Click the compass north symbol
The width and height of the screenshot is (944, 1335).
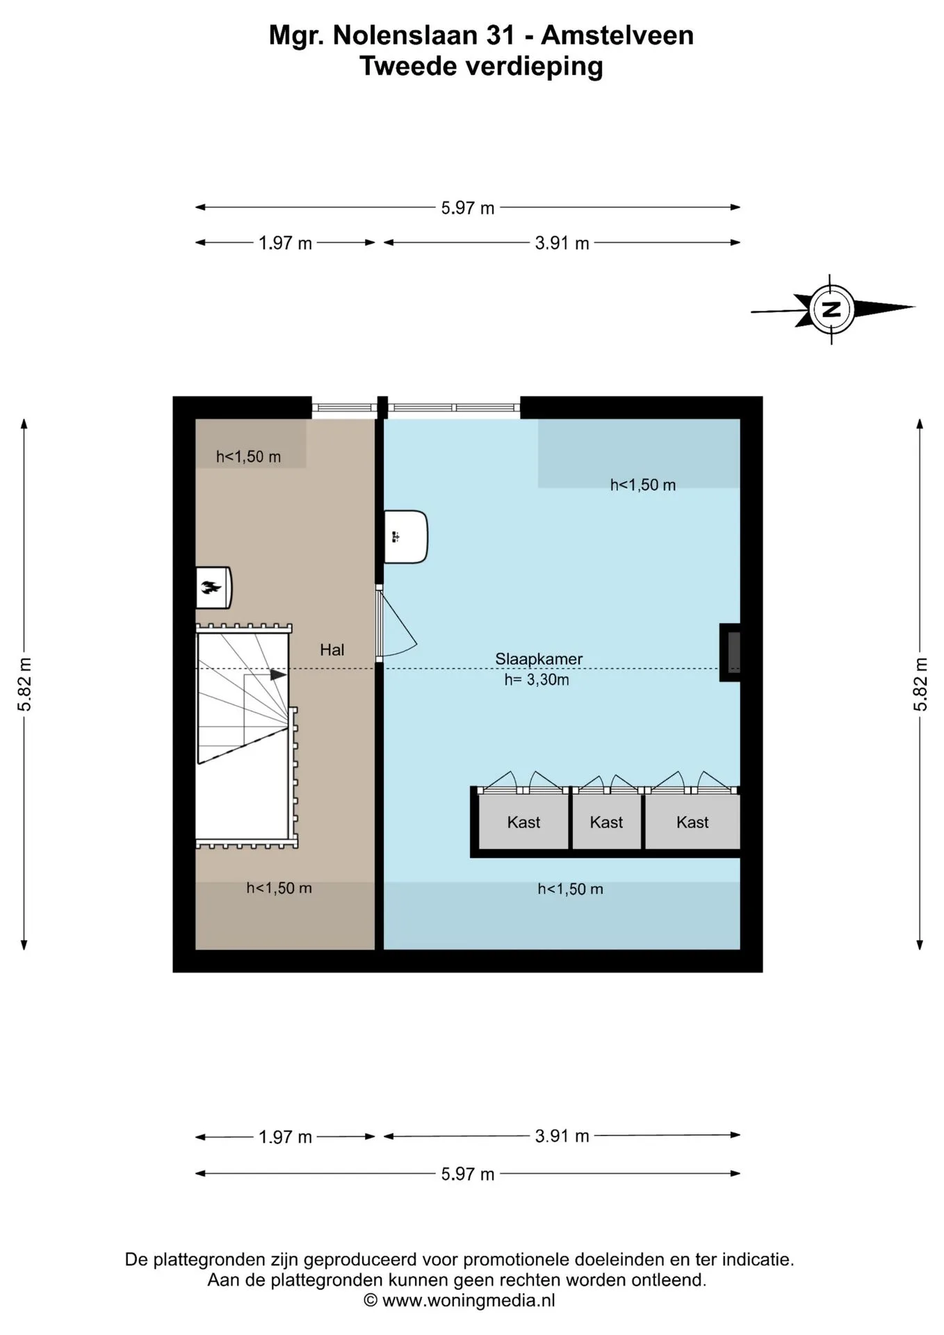click(831, 309)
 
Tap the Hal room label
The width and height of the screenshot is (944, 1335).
click(332, 649)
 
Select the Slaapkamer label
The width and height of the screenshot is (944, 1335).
click(539, 658)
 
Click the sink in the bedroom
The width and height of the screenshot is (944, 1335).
click(406, 537)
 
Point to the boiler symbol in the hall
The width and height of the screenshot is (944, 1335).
click(213, 588)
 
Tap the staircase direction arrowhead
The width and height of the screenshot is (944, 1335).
click(278, 674)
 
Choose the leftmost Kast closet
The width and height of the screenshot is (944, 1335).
click(523, 822)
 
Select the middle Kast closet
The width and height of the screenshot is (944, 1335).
click(606, 822)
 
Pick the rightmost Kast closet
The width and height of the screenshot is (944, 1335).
click(692, 822)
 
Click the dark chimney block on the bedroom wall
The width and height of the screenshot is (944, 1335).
click(730, 652)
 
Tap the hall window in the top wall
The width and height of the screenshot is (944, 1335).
click(344, 408)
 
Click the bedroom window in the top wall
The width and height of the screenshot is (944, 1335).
click(453, 408)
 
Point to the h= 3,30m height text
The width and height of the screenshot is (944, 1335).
click(537, 680)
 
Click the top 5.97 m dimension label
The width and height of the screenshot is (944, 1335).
click(468, 208)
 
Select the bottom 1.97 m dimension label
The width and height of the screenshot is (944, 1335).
click(285, 1137)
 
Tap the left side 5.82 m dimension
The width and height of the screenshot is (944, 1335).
click(24, 684)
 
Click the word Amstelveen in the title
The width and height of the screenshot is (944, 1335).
click(617, 35)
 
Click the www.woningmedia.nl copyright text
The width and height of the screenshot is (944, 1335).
click(459, 1300)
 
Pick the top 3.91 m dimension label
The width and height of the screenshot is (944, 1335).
click(562, 243)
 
